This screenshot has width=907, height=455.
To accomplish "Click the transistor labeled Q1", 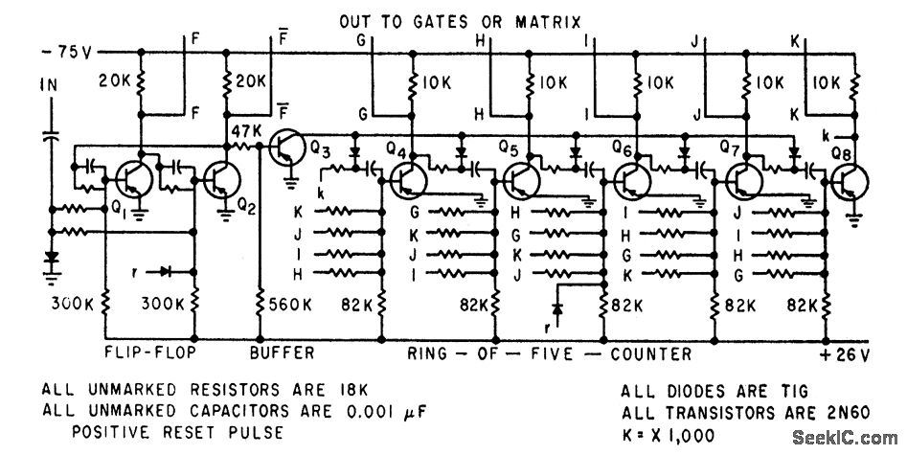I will coord(127,178).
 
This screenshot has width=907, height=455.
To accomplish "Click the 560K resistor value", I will coord(290,306).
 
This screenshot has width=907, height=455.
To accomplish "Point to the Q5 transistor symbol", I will coord(522,178).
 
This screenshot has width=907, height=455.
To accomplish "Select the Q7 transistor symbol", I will coord(742,178).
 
